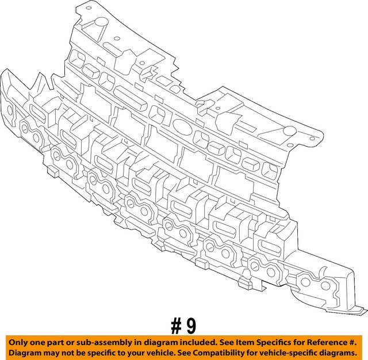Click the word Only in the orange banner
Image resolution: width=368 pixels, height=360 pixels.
[18, 342]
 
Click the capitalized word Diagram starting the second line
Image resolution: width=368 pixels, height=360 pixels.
[25, 352]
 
